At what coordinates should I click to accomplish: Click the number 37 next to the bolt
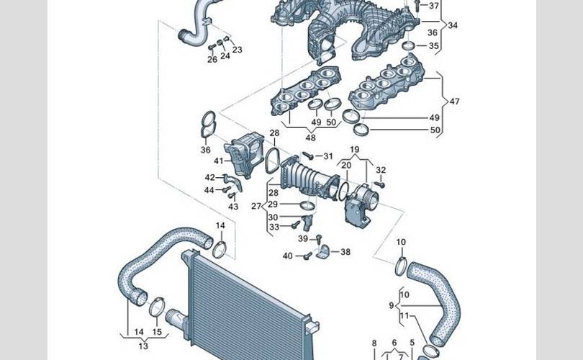pos(433,6)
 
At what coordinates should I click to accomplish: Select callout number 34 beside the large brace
pos(453,25)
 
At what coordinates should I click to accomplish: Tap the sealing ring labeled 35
pos(410,46)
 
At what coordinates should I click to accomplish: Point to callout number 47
pos(454,101)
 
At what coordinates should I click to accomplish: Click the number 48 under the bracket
pos(310,138)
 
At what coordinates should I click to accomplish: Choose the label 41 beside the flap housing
pos(219,161)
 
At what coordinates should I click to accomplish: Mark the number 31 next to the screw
pos(328,156)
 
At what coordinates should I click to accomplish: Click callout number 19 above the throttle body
pos(355,150)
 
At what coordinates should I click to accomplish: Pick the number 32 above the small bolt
pos(381,170)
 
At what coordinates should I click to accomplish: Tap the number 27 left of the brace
pos(256,206)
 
